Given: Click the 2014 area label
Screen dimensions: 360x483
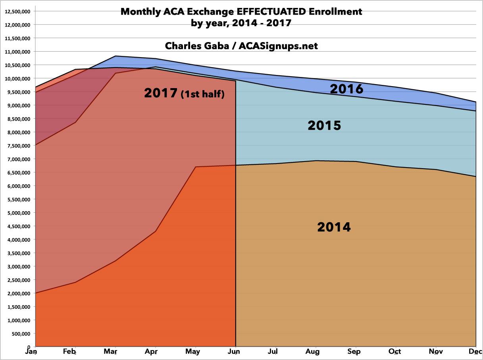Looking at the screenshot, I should click(334, 227).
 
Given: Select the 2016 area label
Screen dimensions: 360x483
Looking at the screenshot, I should click(346, 89).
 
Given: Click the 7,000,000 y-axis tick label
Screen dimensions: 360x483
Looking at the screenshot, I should click(18, 159).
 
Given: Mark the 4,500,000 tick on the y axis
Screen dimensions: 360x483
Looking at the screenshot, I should click(18, 226).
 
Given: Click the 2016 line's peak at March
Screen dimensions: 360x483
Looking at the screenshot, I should click(115, 56).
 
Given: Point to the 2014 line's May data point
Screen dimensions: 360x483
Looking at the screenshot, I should click(196, 167).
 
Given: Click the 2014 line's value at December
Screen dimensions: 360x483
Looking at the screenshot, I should click(475, 177).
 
